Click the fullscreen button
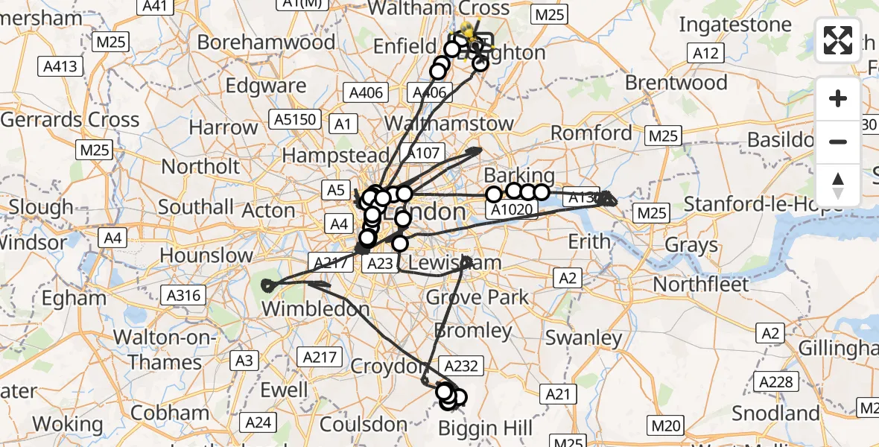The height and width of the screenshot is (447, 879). pos(838,40)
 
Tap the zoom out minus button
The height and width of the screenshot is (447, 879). pos(838,142)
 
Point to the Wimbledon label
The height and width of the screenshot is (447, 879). pos(315,308)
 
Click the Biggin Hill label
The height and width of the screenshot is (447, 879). pos(485,428)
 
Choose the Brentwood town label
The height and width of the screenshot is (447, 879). pos(676,82)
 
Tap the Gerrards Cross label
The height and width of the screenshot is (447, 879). pos(70,119)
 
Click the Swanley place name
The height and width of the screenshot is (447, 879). pos(583,337)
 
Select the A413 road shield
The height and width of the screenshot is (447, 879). pos(58,67)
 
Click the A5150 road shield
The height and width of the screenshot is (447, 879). pos(297,119)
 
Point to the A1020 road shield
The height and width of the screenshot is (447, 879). pos(512,211)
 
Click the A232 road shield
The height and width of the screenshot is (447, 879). pos(462,365)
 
